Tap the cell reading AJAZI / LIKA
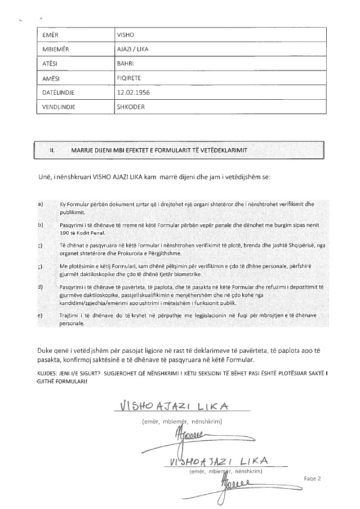(131, 49)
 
